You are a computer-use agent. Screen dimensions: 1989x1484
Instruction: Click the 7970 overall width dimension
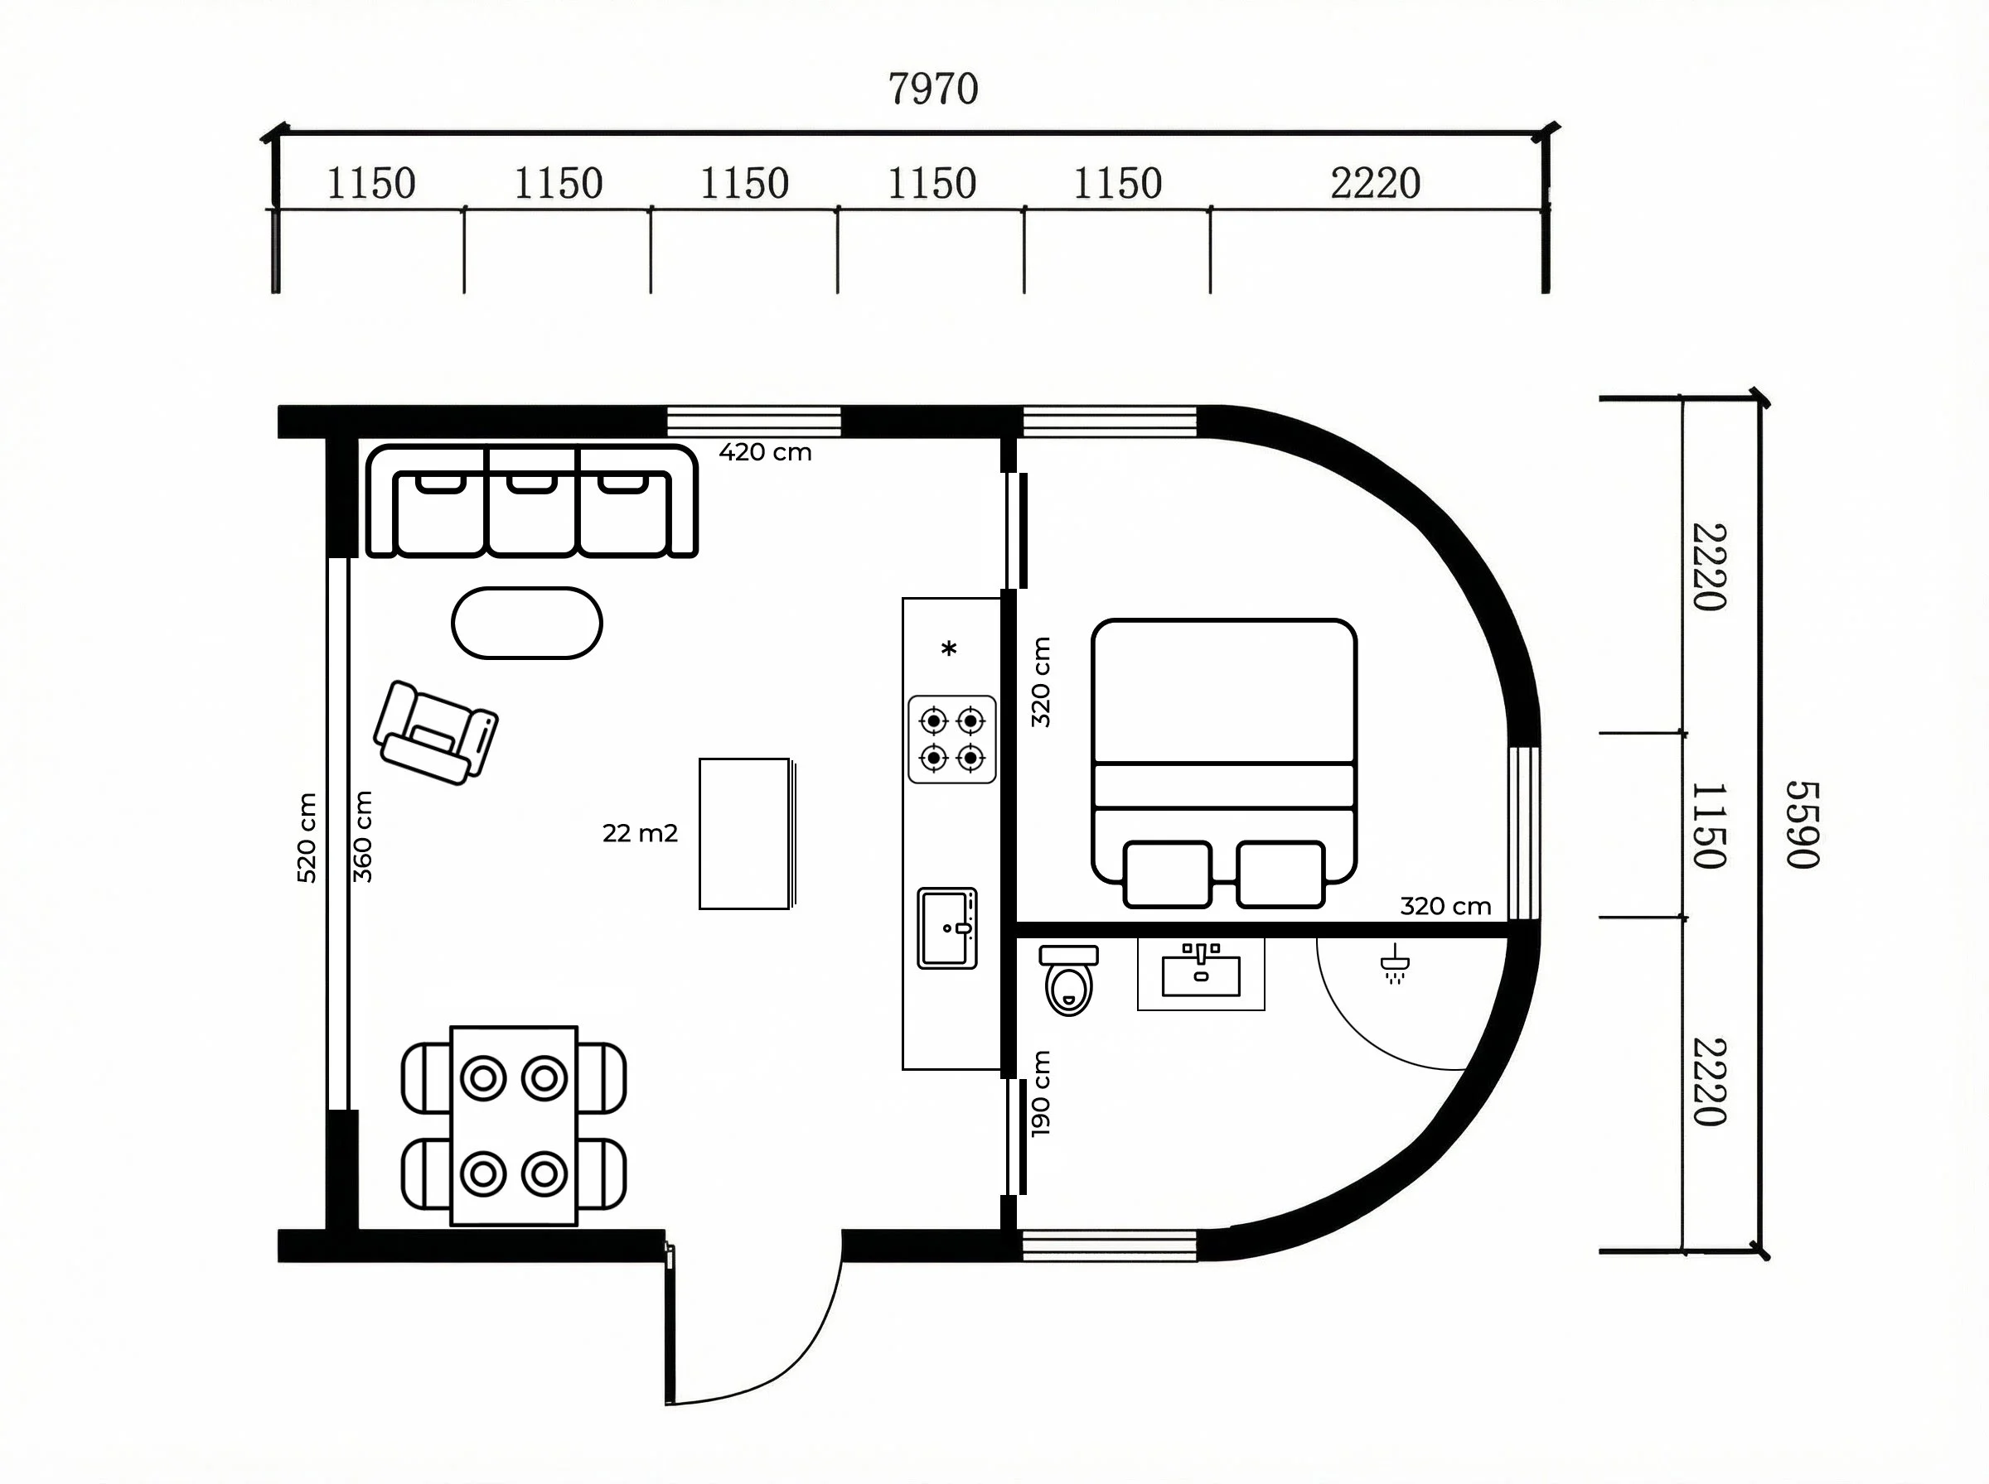pos(933,89)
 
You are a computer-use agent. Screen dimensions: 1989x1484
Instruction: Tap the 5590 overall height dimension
pos(1802,825)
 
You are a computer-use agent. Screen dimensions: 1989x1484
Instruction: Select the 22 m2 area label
pos(640,834)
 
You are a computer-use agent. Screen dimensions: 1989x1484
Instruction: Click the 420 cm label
pos(765,452)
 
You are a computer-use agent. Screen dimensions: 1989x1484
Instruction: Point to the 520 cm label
pos(307,837)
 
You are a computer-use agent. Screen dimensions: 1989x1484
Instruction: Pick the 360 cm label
pos(362,836)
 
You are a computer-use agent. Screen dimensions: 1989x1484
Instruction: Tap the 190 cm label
pos(1041,1093)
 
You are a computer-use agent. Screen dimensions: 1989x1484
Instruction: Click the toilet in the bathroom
pos(1068,979)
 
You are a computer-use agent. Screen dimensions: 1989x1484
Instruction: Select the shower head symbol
pos(1394,964)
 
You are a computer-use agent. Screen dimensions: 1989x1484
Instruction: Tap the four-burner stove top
pos(951,740)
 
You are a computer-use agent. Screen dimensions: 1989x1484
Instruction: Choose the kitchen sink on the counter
pos(947,928)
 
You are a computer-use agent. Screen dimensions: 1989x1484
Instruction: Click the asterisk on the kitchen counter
pos(949,648)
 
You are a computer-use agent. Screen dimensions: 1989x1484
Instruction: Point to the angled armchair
pos(435,733)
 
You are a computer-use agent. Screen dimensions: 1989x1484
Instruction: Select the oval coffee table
pos(527,624)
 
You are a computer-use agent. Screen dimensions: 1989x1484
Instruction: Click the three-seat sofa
pos(532,501)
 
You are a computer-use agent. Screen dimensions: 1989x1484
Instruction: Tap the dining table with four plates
pos(514,1125)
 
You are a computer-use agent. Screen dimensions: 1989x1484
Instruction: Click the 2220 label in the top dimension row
pos(1375,184)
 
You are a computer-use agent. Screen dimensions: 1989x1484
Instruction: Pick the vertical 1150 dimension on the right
pos(1709,826)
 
